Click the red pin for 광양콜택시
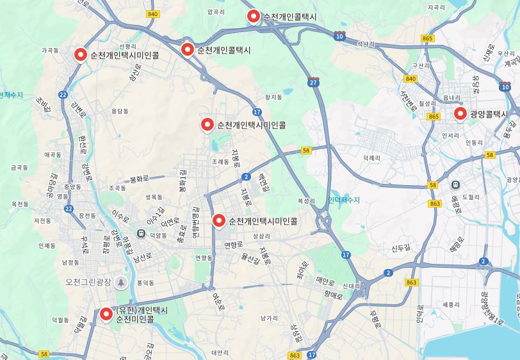pos(460,114)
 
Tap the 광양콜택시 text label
pos(489,115)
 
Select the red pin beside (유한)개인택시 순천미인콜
pos(106,314)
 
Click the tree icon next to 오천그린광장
pos(121,282)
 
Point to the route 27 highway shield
pos(313,83)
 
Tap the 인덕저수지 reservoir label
pos(344,200)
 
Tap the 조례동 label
pos(220,162)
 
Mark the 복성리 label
pos(306,200)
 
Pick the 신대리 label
pos(352,286)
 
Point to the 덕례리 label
pos(372,156)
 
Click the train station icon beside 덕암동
pos(141,234)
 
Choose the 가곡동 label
pos(50,49)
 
